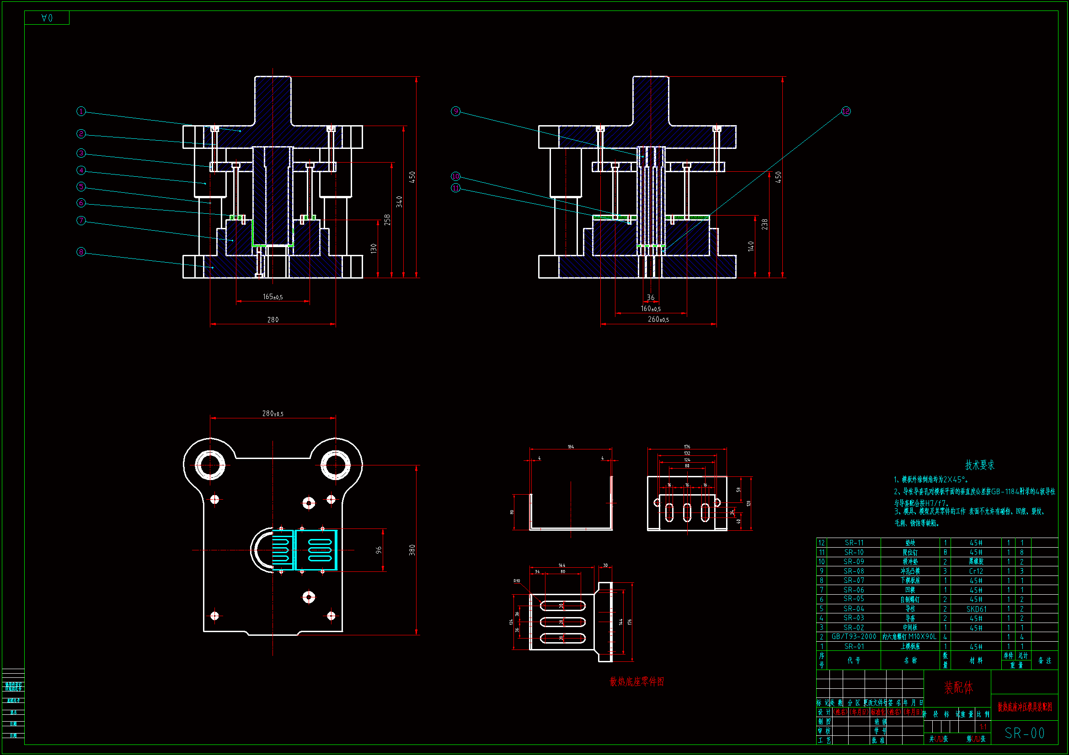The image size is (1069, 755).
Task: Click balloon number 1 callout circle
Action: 81,111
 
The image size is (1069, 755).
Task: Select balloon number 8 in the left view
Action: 81,252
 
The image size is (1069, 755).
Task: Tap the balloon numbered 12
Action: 845,111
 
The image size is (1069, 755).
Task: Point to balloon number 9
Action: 455,111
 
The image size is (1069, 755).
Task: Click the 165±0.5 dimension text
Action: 273,296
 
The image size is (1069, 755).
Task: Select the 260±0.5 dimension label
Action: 658,319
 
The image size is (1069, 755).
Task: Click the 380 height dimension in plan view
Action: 412,550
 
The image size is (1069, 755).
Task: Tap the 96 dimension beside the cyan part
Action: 379,550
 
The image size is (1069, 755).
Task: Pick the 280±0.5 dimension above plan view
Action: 273,413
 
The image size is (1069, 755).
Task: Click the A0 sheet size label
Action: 47,18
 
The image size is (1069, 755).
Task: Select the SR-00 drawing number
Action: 1024,733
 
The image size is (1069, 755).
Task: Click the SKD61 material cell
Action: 976,609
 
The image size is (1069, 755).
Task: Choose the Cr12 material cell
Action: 976,571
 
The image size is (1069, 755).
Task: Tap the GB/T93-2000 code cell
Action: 854,637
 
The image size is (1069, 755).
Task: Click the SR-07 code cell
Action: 854,581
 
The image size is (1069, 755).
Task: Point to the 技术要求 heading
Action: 979,465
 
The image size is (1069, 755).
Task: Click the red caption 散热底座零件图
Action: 636,681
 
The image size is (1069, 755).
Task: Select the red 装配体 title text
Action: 958,687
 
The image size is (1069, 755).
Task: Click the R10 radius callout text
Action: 517,581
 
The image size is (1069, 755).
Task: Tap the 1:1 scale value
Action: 983,727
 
